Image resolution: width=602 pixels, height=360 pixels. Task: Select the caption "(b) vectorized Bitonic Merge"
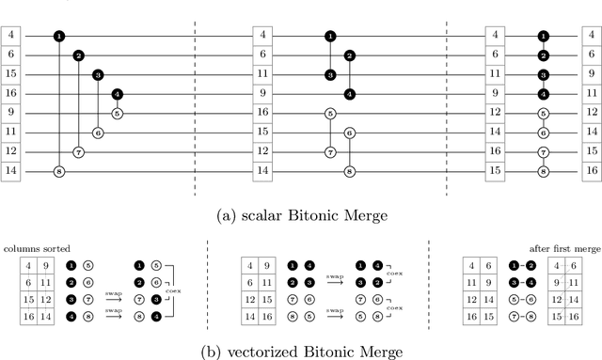click(x=301, y=352)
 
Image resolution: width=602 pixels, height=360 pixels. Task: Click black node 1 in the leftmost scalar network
click(x=59, y=36)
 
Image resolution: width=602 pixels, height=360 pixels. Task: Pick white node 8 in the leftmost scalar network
click(x=59, y=172)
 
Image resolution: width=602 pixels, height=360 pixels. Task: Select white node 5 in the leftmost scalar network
click(x=118, y=113)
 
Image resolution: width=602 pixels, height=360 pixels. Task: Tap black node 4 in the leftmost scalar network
click(x=118, y=94)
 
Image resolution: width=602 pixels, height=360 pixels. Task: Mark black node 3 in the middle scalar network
click(x=329, y=74)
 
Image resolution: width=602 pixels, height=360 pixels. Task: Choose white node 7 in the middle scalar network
click(x=329, y=152)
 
